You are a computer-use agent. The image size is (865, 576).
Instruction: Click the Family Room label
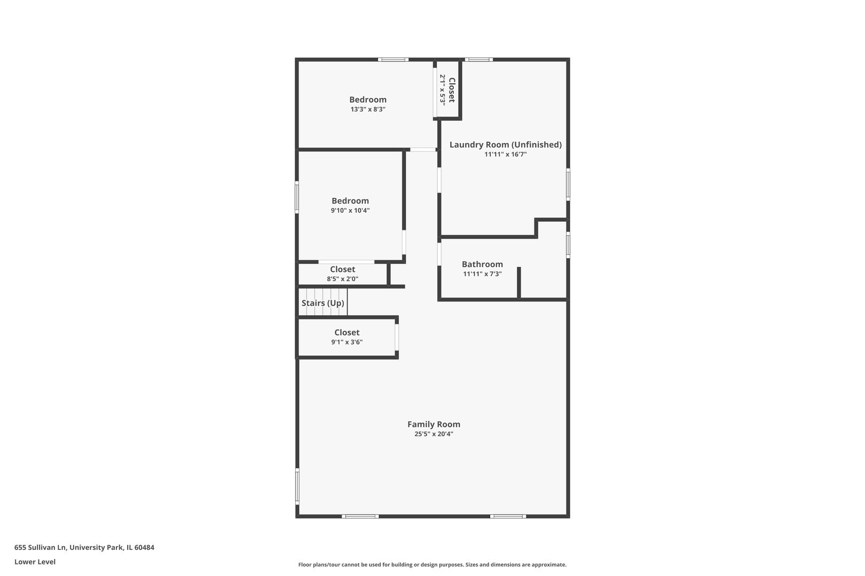pyautogui.click(x=434, y=425)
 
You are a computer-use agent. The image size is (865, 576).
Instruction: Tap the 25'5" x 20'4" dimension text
pyautogui.click(x=434, y=434)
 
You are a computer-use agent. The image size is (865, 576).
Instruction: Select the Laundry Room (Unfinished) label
pyautogui.click(x=505, y=145)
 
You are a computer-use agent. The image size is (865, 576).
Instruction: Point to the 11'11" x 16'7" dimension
pyautogui.click(x=505, y=155)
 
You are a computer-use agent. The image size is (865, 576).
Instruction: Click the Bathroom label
pyautogui.click(x=482, y=265)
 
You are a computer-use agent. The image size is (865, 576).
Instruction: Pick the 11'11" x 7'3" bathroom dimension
pyautogui.click(x=482, y=274)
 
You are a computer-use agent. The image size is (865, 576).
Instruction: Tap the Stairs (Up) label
pyautogui.click(x=323, y=303)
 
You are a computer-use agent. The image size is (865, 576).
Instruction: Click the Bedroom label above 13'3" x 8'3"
pyautogui.click(x=367, y=100)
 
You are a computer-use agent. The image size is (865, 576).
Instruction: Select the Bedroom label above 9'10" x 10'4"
pyautogui.click(x=350, y=201)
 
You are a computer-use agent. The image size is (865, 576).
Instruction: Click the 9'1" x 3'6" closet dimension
pyautogui.click(x=347, y=342)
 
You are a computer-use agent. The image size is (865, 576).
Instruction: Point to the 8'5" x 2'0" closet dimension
pyautogui.click(x=342, y=279)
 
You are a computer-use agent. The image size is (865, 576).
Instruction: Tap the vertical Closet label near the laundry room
pyautogui.click(x=452, y=90)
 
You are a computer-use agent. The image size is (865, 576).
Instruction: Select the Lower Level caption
pyautogui.click(x=35, y=562)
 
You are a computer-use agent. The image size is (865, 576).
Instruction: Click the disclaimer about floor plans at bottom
pyautogui.click(x=432, y=564)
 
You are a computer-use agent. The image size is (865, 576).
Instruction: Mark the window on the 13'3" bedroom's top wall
pyautogui.click(x=393, y=60)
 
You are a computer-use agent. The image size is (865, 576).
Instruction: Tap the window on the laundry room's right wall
pyautogui.click(x=568, y=185)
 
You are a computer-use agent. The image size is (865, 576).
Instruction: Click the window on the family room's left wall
pyautogui.click(x=297, y=486)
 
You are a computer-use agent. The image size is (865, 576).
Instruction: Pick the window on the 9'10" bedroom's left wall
pyautogui.click(x=297, y=197)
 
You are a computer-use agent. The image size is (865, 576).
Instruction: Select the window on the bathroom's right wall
pyautogui.click(x=568, y=245)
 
